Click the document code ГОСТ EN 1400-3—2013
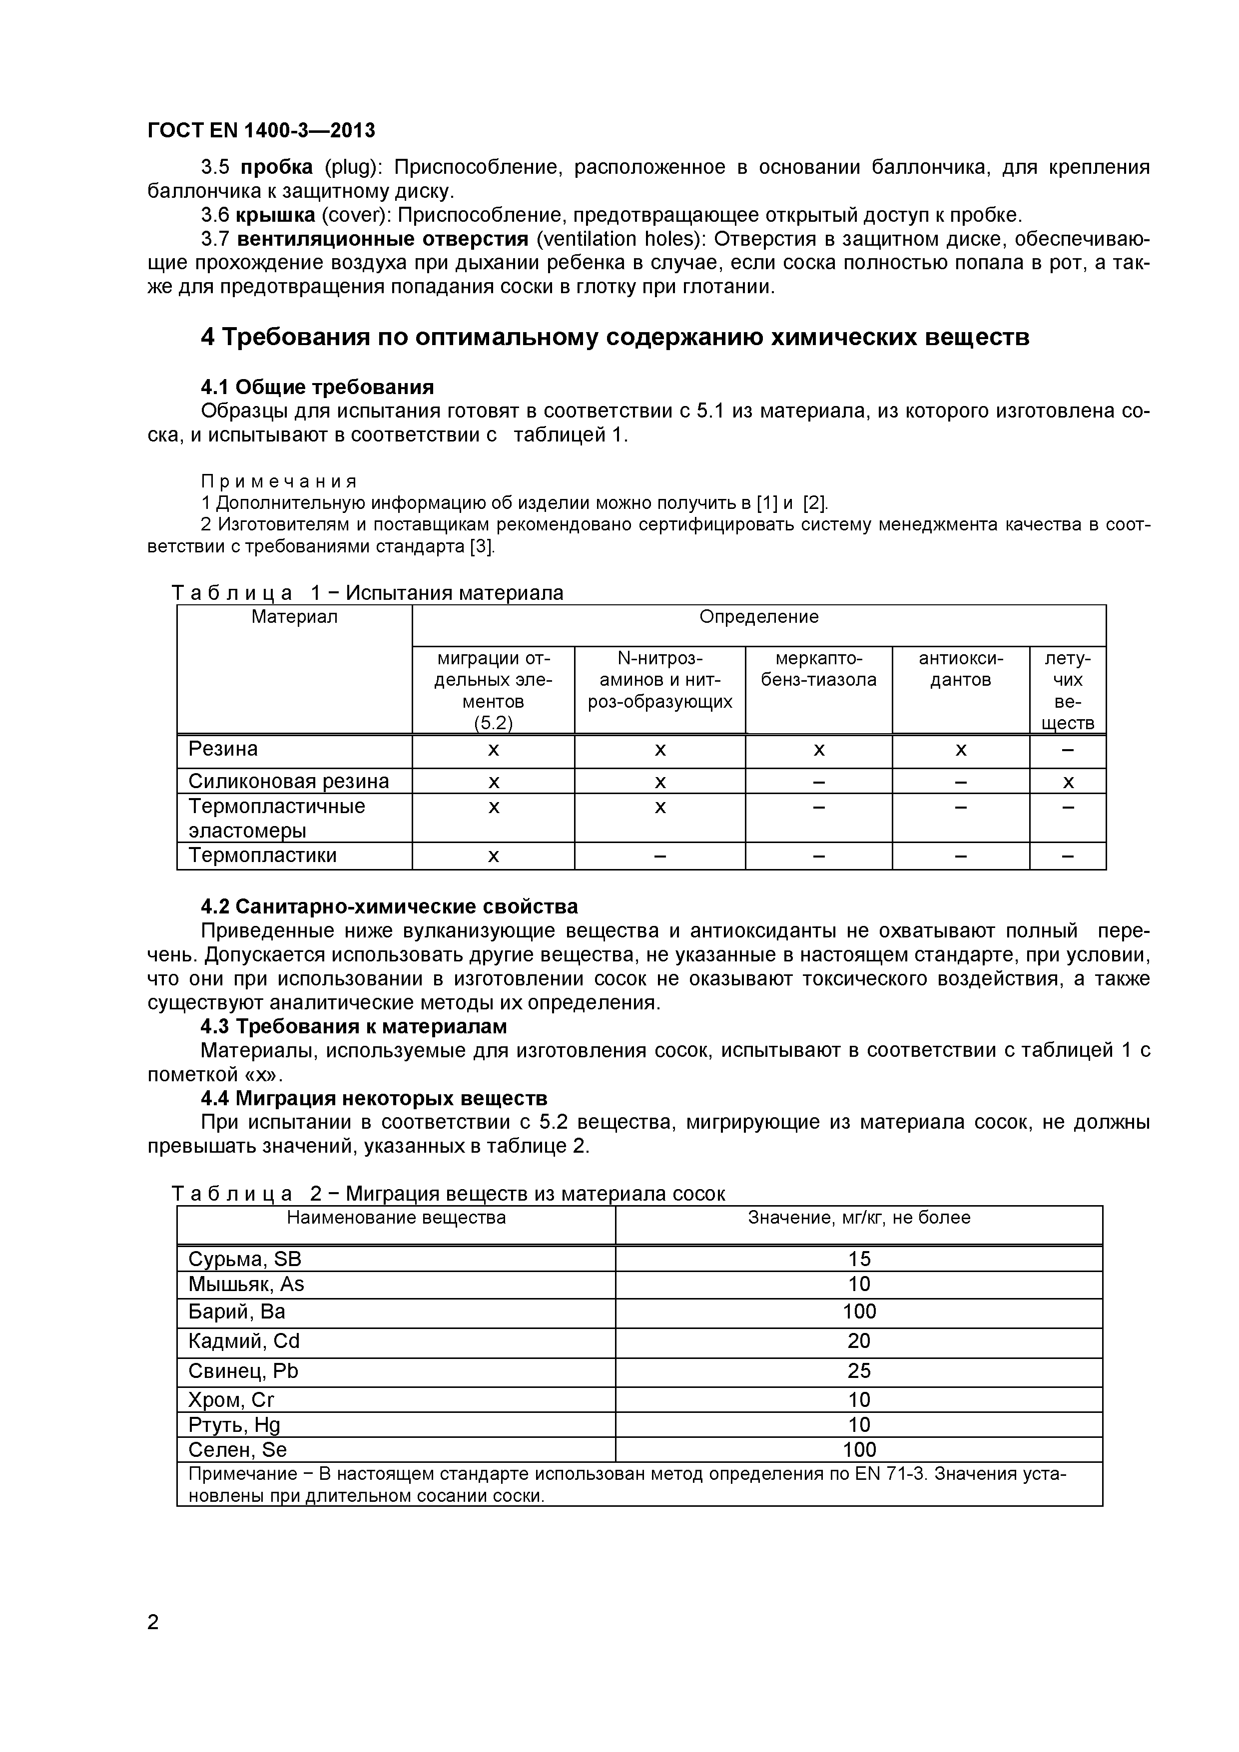coord(261,130)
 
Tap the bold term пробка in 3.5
coord(276,167)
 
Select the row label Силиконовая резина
coord(289,782)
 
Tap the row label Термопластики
coord(263,856)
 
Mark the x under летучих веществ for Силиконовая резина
coord(1068,782)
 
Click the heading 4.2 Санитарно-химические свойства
coord(389,906)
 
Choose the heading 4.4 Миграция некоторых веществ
coord(374,1098)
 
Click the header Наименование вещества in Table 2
coord(396,1217)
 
